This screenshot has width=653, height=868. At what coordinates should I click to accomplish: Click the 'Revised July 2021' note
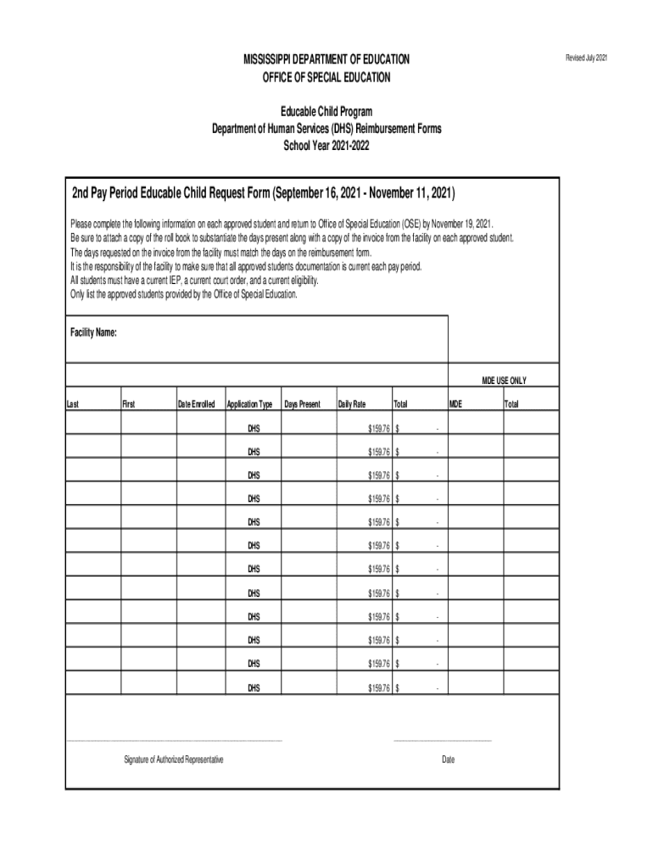tap(586, 58)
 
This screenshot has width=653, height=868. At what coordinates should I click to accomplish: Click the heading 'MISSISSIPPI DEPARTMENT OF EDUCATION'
tap(326, 59)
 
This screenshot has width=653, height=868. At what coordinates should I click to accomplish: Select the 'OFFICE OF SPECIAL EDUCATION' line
tap(326, 77)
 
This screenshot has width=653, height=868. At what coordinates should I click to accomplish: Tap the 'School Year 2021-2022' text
tap(326, 146)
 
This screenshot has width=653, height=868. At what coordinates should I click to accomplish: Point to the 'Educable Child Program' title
tap(326, 112)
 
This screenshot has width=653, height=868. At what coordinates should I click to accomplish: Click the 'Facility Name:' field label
tap(93, 332)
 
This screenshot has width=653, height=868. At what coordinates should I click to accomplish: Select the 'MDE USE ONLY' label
tap(510, 381)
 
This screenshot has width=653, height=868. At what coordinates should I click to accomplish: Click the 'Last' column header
tap(73, 404)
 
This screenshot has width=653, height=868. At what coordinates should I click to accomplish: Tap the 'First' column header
tap(129, 404)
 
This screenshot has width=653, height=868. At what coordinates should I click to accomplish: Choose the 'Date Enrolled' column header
tap(196, 404)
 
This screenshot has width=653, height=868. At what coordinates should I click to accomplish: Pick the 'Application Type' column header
tap(249, 404)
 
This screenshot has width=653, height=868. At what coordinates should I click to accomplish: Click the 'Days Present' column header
tap(303, 404)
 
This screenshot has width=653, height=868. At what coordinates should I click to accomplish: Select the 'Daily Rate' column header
tap(352, 404)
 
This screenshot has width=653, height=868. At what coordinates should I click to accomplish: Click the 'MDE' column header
tap(455, 404)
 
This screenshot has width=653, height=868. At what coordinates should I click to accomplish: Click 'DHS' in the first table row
tap(254, 428)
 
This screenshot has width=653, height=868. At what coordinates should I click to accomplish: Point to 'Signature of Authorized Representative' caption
tap(174, 759)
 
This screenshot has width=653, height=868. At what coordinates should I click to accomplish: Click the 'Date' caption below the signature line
tap(448, 759)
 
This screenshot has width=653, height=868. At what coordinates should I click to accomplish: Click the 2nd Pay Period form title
tap(263, 193)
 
